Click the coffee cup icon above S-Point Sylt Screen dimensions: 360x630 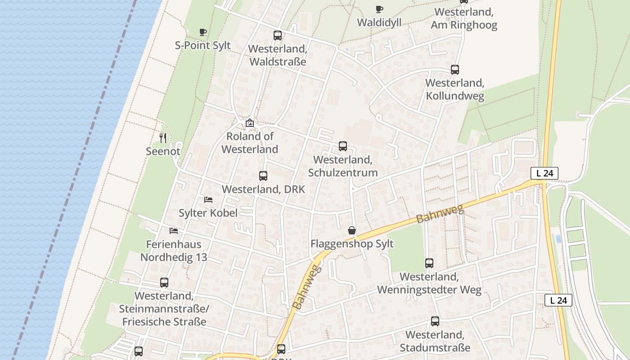point(203,32)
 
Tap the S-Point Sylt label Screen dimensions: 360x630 point(202,45)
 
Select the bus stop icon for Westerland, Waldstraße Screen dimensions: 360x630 point(278,36)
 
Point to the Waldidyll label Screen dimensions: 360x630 point(379,22)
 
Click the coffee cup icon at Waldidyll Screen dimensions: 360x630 point(379,9)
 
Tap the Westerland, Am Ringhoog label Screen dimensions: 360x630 point(464,18)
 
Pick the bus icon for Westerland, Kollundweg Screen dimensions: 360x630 point(455,70)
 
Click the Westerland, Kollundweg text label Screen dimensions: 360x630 point(455,90)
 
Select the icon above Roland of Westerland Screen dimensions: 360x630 point(250,122)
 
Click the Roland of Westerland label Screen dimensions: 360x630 point(250,143)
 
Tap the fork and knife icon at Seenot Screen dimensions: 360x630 point(163,138)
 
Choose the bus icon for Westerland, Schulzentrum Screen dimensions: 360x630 point(343,146)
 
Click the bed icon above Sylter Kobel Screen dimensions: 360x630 point(208,199)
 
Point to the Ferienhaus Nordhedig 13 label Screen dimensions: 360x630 point(174,251)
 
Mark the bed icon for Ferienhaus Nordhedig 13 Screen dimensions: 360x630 point(174,231)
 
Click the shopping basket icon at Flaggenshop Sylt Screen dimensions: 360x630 point(352,231)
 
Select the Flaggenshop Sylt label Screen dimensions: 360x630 point(352,244)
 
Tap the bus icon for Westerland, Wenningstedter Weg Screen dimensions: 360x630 point(429,263)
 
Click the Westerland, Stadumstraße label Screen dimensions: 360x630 point(435,341)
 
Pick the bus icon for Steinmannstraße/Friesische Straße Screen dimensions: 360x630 point(164,283)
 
